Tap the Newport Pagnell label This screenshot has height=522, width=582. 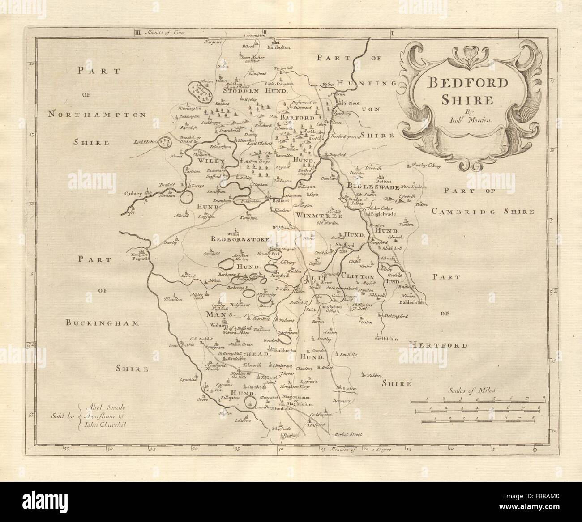click(138, 257)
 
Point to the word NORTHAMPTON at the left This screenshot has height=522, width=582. click(97, 115)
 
